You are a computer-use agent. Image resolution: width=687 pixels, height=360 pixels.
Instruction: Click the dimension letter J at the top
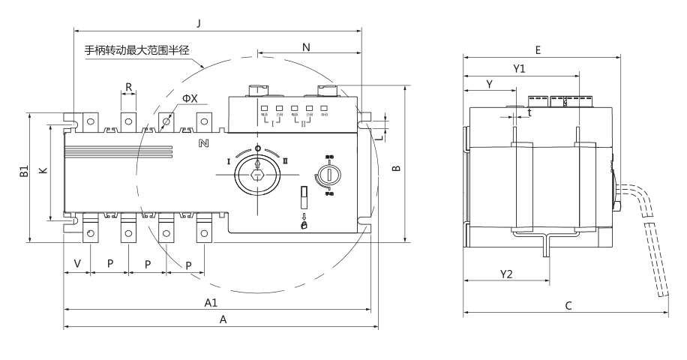pos(198,23)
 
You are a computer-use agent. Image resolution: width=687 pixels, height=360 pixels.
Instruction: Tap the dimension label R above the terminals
pos(129,87)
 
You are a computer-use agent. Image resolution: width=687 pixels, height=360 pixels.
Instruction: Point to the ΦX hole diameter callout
pos(190,99)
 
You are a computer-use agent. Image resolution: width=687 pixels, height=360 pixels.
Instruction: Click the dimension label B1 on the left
pos(23,173)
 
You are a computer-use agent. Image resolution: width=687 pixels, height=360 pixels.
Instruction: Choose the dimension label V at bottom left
pos(77,264)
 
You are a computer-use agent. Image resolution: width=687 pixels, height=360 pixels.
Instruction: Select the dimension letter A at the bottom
pos(221,319)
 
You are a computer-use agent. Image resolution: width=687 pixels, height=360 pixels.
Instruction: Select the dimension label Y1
pos(519,68)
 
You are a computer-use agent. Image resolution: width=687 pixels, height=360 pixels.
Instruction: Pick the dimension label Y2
pos(505,274)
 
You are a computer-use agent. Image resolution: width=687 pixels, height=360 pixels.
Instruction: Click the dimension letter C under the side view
pos(568,305)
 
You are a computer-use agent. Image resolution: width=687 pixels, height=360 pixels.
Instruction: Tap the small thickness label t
pos(529,112)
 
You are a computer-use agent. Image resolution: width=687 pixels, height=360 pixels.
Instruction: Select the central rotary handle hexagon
pos(258,175)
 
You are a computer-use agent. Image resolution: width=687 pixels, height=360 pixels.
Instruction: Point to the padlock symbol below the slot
pos(304,224)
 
